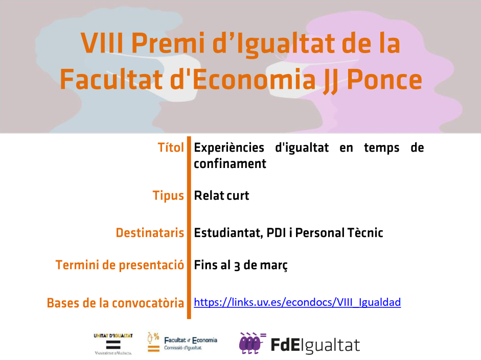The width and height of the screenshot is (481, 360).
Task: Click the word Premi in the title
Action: pyautogui.click(x=168, y=43)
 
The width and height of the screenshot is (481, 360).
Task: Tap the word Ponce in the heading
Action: pyautogui.click(x=385, y=79)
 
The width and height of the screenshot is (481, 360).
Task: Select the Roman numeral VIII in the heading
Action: pyautogui.click(x=102, y=43)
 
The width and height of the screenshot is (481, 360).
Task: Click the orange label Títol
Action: pyautogui.click(x=171, y=148)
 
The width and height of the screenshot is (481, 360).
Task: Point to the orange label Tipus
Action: pyautogui.click(x=168, y=196)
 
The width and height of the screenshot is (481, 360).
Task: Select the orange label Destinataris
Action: pyautogui.click(x=150, y=233)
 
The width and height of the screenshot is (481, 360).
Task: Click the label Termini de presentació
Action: pyautogui.click(x=120, y=266)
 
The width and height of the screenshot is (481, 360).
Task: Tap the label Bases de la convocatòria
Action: pyautogui.click(x=116, y=303)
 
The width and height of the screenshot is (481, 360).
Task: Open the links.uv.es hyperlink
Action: pyautogui.click(x=297, y=302)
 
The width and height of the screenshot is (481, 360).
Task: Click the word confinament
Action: pyautogui.click(x=230, y=163)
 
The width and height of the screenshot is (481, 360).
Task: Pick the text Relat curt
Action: pyautogui.click(x=221, y=196)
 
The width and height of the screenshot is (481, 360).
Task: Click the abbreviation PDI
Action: pyautogui.click(x=277, y=233)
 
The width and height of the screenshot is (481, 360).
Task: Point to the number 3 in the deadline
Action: pyautogui.click(x=237, y=266)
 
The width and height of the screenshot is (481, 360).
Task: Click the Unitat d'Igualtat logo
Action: pyautogui.click(x=113, y=344)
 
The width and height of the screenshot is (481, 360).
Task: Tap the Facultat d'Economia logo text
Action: pyautogui.click(x=191, y=344)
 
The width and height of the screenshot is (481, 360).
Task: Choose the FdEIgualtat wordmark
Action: pyautogui.click(x=315, y=345)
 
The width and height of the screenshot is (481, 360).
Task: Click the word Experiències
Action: pyautogui.click(x=229, y=148)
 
